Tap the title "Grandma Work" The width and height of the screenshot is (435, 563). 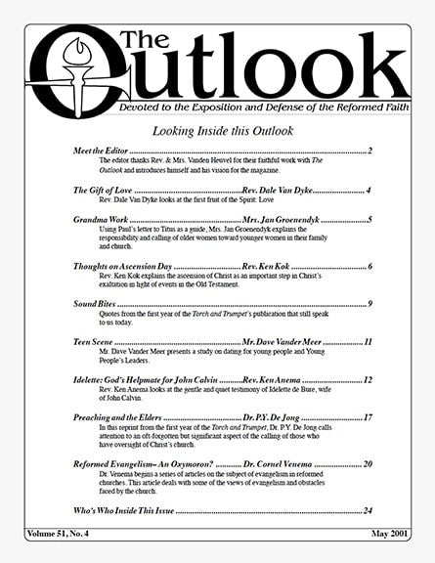tap(100, 219)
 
